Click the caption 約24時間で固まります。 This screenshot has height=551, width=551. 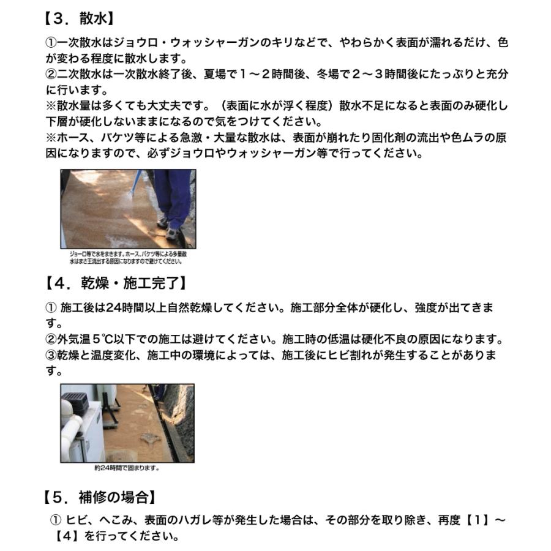point(127,468)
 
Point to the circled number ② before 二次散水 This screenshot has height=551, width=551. point(51,74)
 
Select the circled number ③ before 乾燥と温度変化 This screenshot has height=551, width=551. point(51,355)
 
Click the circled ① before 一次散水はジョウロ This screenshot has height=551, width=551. point(51,43)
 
